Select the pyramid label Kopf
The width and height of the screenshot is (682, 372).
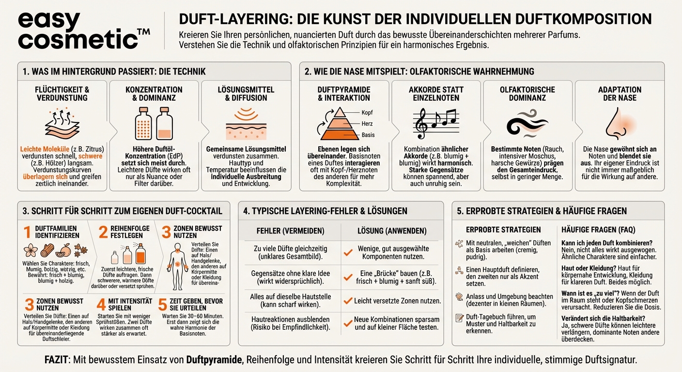coord(367,112)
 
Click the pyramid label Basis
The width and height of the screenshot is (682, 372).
coord(368,135)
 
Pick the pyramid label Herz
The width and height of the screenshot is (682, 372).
coord(367,124)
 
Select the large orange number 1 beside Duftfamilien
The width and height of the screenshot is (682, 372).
coord(28,232)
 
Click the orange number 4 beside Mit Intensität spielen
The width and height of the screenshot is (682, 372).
coord(101,305)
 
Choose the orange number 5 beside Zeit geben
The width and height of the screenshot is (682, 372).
coord(163,305)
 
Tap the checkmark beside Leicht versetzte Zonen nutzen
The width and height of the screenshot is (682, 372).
coord(347,301)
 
